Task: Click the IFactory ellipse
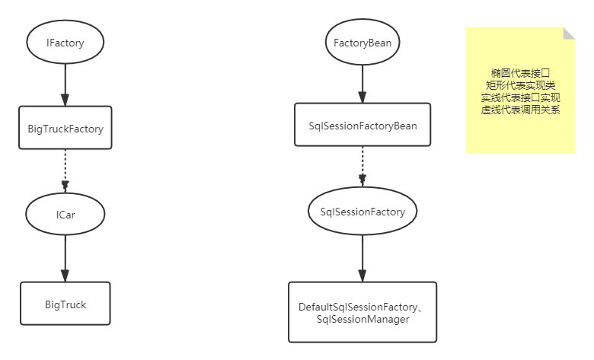[x=65, y=43]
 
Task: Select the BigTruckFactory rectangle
[x=65, y=129]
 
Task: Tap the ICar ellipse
[x=65, y=215]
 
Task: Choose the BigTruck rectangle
[x=65, y=304]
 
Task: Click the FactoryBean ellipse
[x=362, y=43]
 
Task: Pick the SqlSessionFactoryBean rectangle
[x=362, y=126]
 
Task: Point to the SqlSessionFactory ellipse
[x=362, y=212]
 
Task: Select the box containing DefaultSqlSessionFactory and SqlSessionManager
[x=362, y=312]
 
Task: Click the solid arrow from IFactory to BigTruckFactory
[x=65, y=84]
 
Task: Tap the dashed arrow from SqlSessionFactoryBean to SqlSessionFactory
[x=362, y=166]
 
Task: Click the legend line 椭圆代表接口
[x=520, y=73]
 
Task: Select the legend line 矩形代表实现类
[x=520, y=85]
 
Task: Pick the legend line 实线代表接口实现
[x=520, y=97]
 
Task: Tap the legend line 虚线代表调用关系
[x=520, y=110]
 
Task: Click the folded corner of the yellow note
[x=569, y=33]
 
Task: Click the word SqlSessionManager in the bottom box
[x=362, y=320]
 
